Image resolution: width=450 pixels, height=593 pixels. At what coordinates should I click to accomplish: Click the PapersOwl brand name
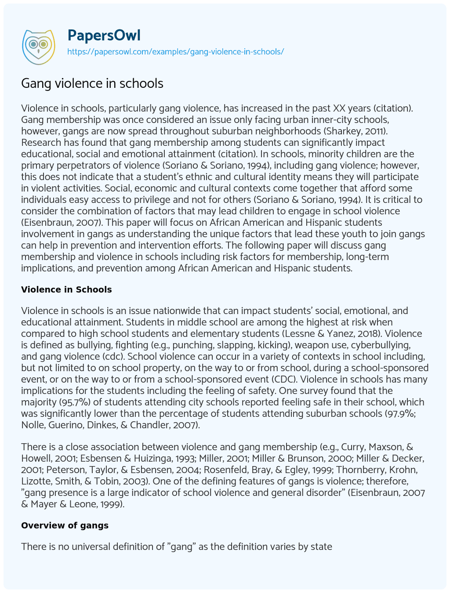pos(104,35)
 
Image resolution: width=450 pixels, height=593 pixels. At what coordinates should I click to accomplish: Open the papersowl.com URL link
pos(175,51)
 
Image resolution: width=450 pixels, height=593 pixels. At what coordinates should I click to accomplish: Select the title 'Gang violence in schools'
pos(92,83)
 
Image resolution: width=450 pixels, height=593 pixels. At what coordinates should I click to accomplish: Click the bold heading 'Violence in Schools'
pos(66,289)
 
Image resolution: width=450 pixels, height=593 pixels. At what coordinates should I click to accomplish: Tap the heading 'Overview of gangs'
pos(65,525)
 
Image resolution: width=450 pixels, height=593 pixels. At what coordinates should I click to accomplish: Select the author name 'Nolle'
pos(33,425)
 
